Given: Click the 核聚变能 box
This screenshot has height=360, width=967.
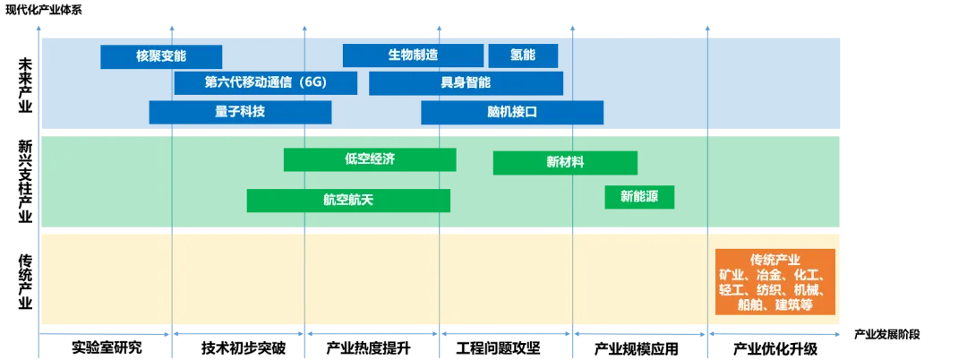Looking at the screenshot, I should tap(161, 56).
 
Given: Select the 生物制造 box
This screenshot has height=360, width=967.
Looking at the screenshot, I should tap(413, 56).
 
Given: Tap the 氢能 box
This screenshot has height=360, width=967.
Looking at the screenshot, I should tap(523, 56).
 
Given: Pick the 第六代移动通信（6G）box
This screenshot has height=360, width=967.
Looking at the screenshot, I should tap(266, 83).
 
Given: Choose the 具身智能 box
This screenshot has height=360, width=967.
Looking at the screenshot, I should tap(466, 83).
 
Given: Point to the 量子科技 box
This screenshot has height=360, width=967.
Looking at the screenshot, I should tap(240, 112).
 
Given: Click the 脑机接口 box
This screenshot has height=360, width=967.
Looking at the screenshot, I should tap(511, 112).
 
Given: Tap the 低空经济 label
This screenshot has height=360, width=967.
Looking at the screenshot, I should tap(370, 159).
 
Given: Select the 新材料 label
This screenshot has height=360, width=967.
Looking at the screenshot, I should tap(565, 163).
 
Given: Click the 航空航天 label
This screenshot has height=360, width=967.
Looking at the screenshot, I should tap(347, 200).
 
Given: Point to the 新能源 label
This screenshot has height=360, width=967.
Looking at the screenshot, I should tap(639, 196).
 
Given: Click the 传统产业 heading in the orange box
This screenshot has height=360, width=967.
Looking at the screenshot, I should tap(774, 260).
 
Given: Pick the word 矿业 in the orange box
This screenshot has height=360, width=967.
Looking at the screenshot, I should tap(732, 275).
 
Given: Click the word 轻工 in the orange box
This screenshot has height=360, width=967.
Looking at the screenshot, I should tap(732, 290).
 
